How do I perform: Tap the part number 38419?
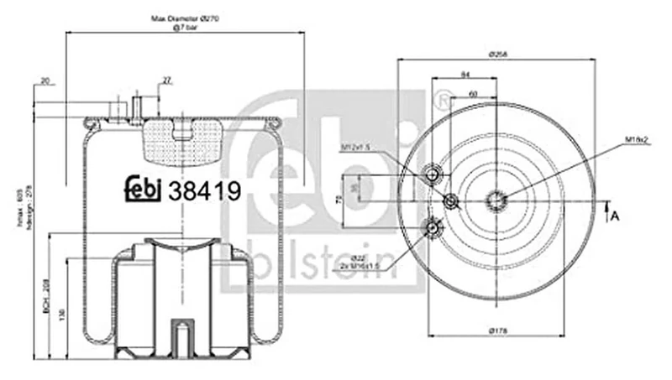(x=205, y=192)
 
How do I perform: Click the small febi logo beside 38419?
(x=144, y=190)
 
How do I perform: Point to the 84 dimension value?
(x=465, y=75)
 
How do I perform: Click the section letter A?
(x=614, y=216)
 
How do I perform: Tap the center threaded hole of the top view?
(x=496, y=200)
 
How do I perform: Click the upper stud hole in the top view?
(x=433, y=174)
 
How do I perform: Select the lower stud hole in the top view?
(x=433, y=225)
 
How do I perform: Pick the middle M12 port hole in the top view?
(x=451, y=200)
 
